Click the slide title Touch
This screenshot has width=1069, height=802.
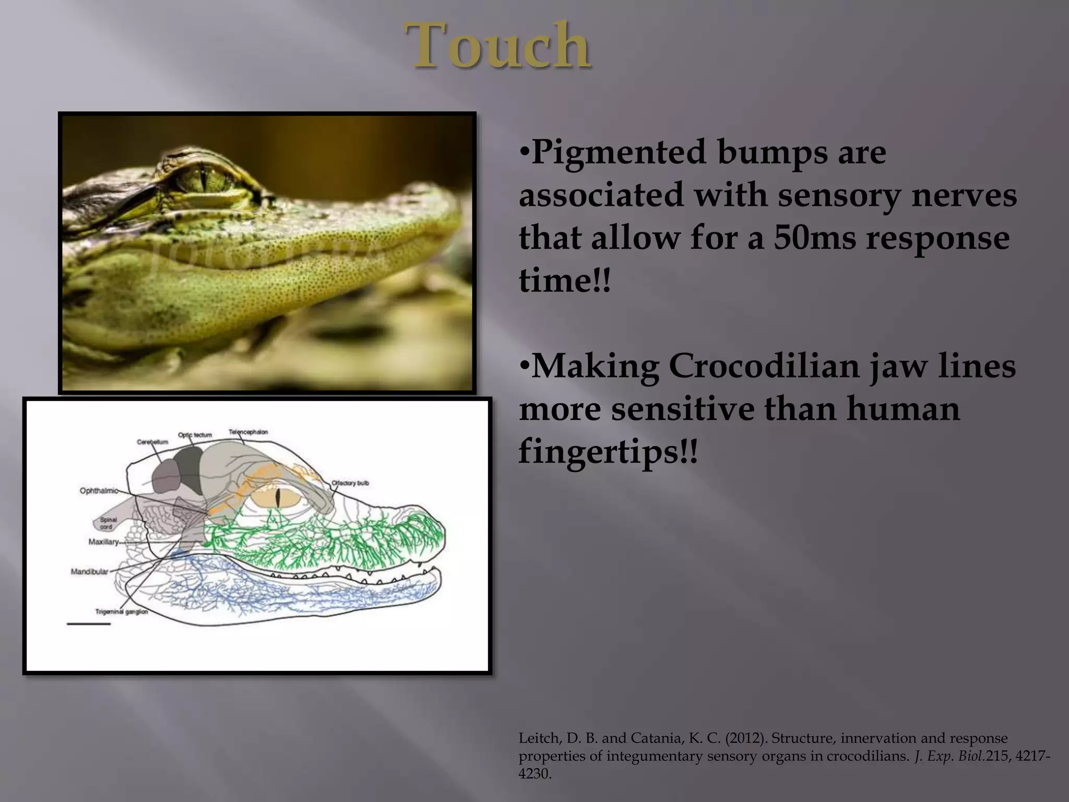coord(498,46)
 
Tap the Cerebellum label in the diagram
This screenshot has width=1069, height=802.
coord(152,442)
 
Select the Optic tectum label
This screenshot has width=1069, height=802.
coord(195,434)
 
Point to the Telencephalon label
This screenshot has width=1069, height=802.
coord(248,432)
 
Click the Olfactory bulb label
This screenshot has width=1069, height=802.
coord(350,483)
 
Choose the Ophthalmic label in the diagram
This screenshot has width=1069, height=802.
coord(98,491)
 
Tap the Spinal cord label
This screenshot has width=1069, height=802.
coord(109,523)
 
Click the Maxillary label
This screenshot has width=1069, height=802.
coord(103,542)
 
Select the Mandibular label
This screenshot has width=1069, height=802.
coord(89,572)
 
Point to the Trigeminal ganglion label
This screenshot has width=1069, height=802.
coord(122,611)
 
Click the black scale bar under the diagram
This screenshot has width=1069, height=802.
coord(89,624)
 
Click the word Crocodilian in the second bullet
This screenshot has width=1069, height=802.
coord(764,366)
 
